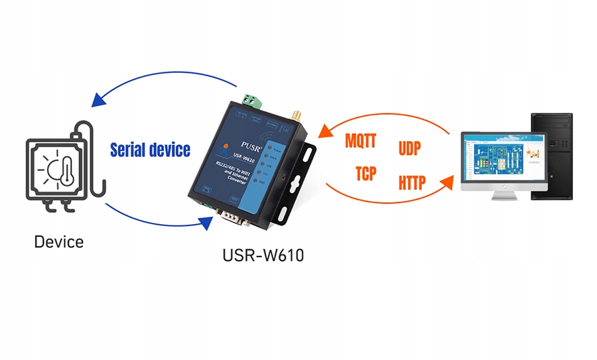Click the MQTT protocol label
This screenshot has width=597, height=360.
pos(361,141)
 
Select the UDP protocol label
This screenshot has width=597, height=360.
pos(409,149)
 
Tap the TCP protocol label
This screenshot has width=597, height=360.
pos(365,174)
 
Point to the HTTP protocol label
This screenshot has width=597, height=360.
pos(412,182)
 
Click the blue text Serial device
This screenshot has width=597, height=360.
pos(150,150)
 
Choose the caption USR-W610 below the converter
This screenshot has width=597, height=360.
pos(263,255)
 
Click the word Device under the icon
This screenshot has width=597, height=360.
pos(59,241)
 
